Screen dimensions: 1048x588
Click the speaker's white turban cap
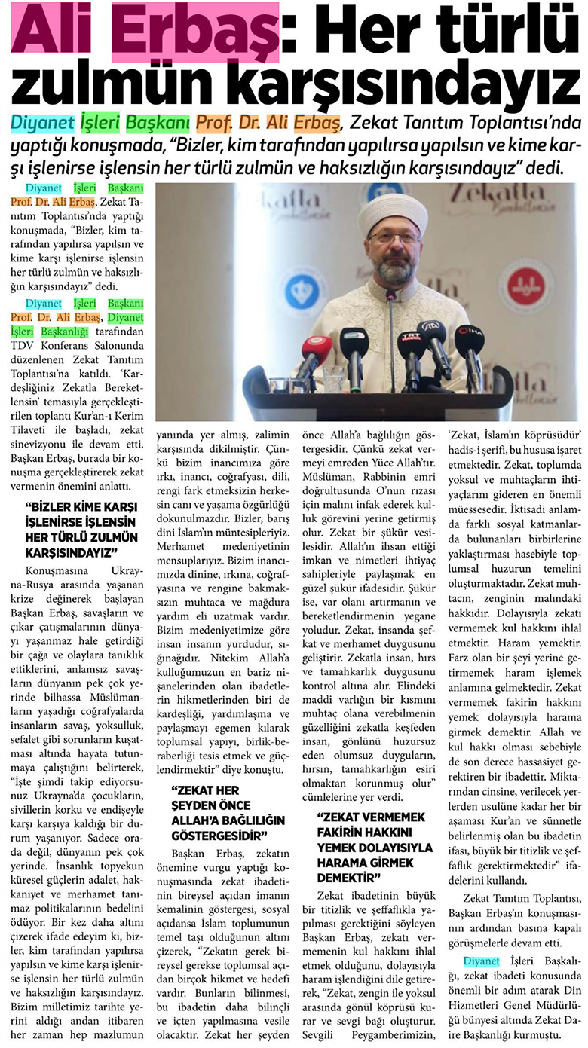[392, 206]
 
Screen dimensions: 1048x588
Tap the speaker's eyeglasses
[394, 237]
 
